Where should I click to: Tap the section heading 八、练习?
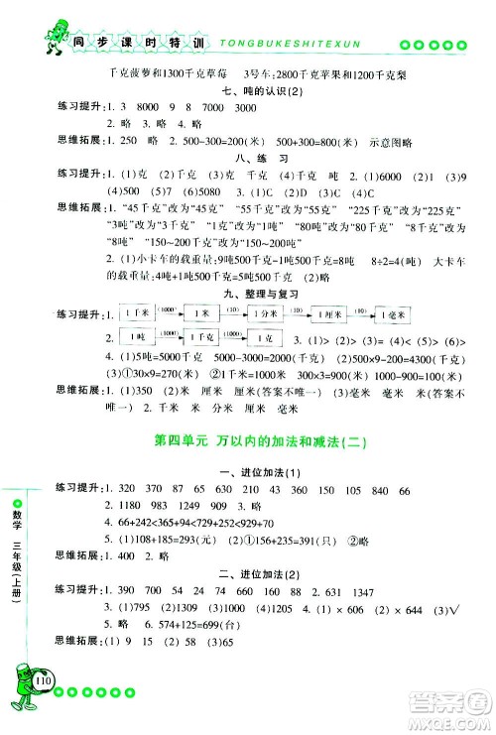pos(262,157)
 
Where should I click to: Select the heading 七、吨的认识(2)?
pos(262,90)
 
